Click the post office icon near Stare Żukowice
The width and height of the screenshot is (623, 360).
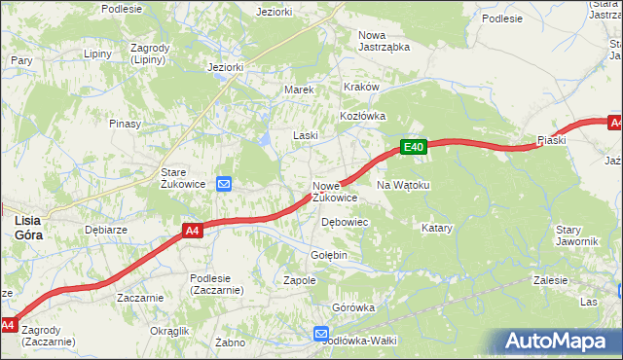224,183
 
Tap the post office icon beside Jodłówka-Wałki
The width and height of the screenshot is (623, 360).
321,334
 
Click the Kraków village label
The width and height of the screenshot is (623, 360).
360,87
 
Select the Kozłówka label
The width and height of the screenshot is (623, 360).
363,115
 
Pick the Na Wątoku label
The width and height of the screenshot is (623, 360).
403,184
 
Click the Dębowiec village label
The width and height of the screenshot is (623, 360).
345,222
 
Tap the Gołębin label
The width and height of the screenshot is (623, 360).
328,255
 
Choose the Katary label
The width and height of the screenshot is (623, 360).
437,228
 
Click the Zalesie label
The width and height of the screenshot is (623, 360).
550,280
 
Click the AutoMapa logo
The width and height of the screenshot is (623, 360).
560,342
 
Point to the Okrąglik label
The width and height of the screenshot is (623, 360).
169,331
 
